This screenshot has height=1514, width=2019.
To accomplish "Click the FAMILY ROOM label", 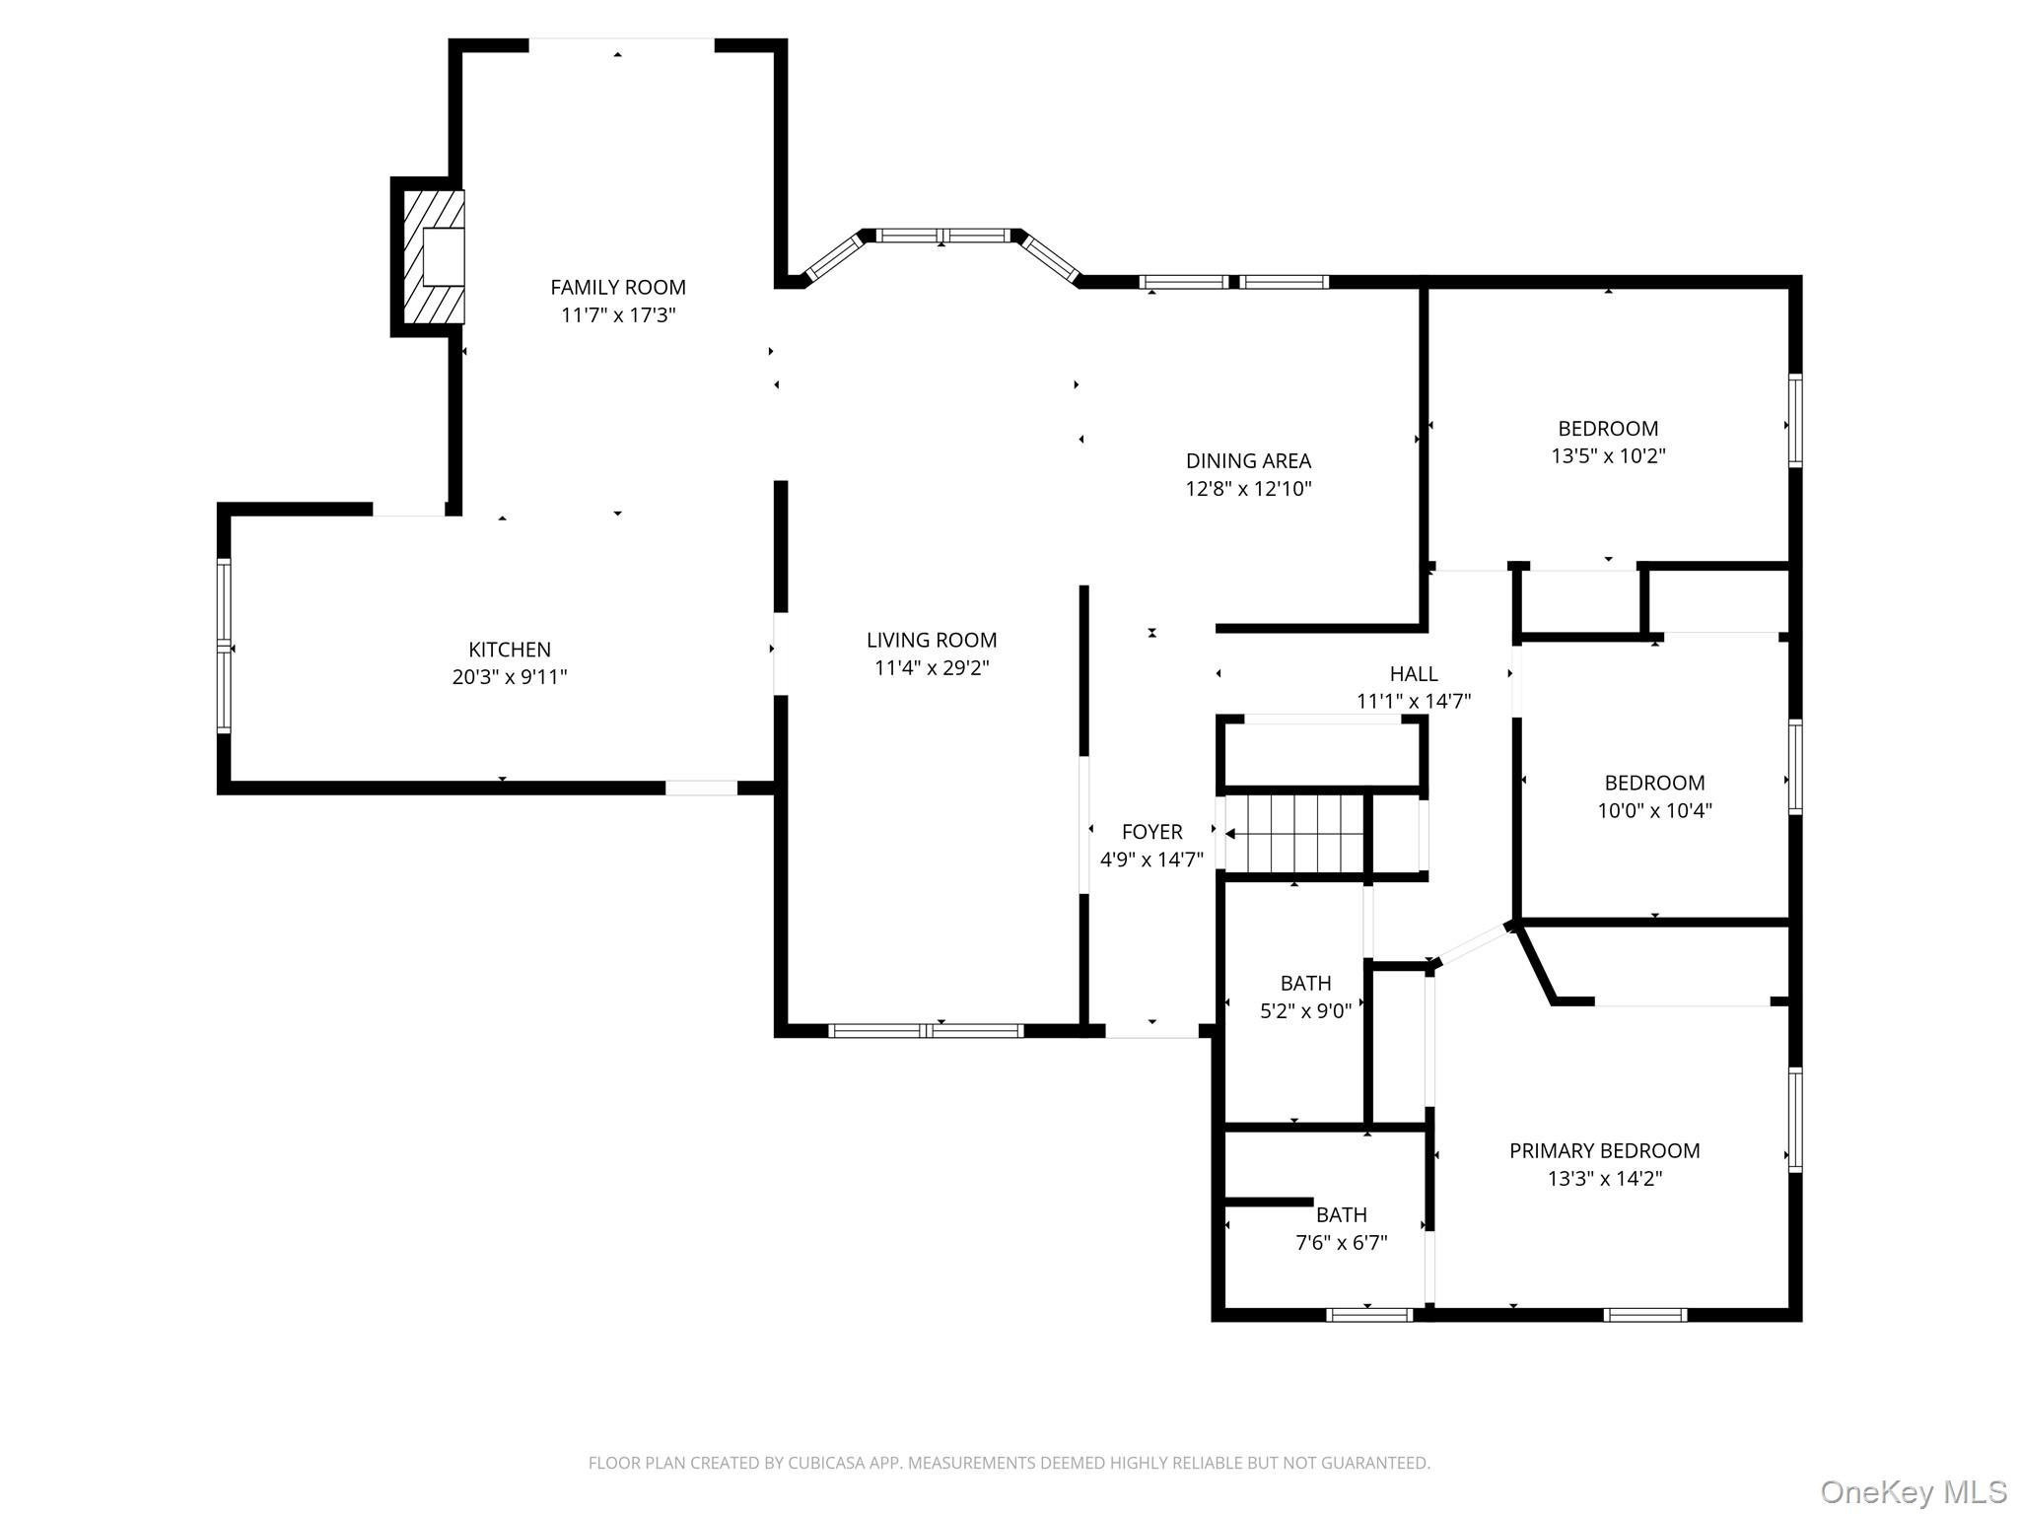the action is click(x=618, y=288).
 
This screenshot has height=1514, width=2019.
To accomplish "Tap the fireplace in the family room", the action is click(x=434, y=257).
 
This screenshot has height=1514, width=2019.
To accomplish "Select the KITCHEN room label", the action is click(x=510, y=650).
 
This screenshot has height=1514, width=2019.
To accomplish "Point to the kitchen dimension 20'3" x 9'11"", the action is click(x=510, y=677).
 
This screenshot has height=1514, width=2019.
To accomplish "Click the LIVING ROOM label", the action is click(x=932, y=641).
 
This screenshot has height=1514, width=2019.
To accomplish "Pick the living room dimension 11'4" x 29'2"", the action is click(x=932, y=668).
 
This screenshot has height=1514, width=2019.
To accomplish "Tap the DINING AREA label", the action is click(x=1248, y=461).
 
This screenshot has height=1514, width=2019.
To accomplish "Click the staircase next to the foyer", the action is click(x=1294, y=834).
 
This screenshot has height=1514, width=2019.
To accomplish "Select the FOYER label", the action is click(x=1151, y=832).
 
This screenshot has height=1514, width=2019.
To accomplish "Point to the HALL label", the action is click(x=1414, y=674).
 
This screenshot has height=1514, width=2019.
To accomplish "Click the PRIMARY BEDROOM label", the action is click(x=1604, y=1151).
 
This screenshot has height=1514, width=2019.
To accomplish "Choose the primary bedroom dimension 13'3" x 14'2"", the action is click(x=1604, y=1179).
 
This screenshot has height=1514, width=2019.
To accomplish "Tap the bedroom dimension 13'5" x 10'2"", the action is click(x=1608, y=456).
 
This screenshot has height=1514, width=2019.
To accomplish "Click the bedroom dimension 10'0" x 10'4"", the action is click(x=1654, y=811).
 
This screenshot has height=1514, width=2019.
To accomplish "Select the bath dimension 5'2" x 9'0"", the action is click(x=1305, y=1011).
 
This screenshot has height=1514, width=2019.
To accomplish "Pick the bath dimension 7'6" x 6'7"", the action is click(x=1341, y=1243).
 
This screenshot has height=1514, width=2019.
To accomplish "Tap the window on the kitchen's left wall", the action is click(x=224, y=647).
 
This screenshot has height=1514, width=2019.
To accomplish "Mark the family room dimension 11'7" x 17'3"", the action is click(x=618, y=315).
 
